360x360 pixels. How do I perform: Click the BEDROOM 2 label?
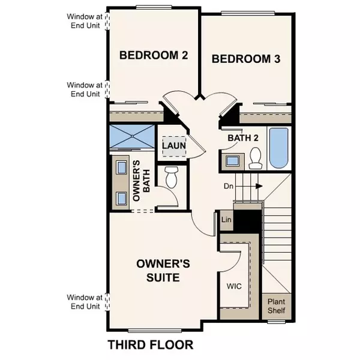coord(154,55)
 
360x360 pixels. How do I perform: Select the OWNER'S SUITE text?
coord(164,270)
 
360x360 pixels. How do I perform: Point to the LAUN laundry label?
coord(174,146)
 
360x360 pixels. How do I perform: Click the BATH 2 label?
coord(243,138)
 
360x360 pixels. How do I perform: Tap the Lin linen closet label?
coord(226,220)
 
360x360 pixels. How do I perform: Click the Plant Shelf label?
coord(276,306)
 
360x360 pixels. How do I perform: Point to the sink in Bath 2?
coord(232,160)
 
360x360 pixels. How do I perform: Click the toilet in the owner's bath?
coord(172,176)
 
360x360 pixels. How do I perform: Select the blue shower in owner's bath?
coord(132,137)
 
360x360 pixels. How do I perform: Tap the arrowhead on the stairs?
coord(259,186)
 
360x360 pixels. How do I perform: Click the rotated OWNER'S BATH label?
coord(136,181)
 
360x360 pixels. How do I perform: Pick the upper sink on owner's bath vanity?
coord(121,167)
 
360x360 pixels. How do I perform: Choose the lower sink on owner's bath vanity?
coord(121,197)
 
